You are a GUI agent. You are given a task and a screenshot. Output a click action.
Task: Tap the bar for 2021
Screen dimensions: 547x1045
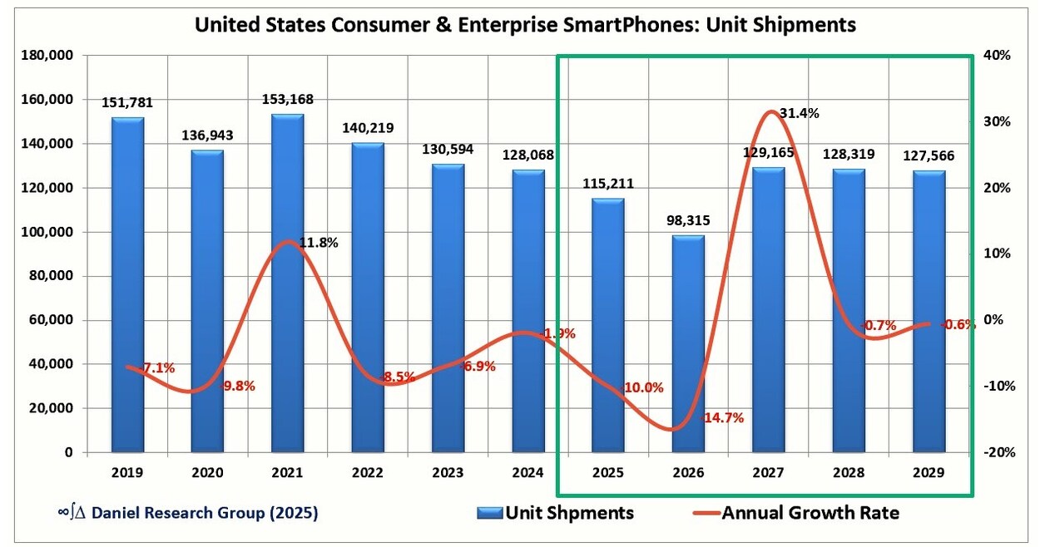click(287, 283)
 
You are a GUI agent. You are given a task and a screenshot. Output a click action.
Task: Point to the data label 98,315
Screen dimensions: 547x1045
click(688, 221)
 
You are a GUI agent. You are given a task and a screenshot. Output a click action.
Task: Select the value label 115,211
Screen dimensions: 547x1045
click(608, 184)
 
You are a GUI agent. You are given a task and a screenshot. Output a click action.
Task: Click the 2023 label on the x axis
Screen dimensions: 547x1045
click(448, 473)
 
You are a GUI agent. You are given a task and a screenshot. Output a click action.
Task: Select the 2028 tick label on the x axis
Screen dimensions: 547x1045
click(849, 473)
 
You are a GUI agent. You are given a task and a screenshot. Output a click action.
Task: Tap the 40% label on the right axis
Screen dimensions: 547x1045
click(998, 56)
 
